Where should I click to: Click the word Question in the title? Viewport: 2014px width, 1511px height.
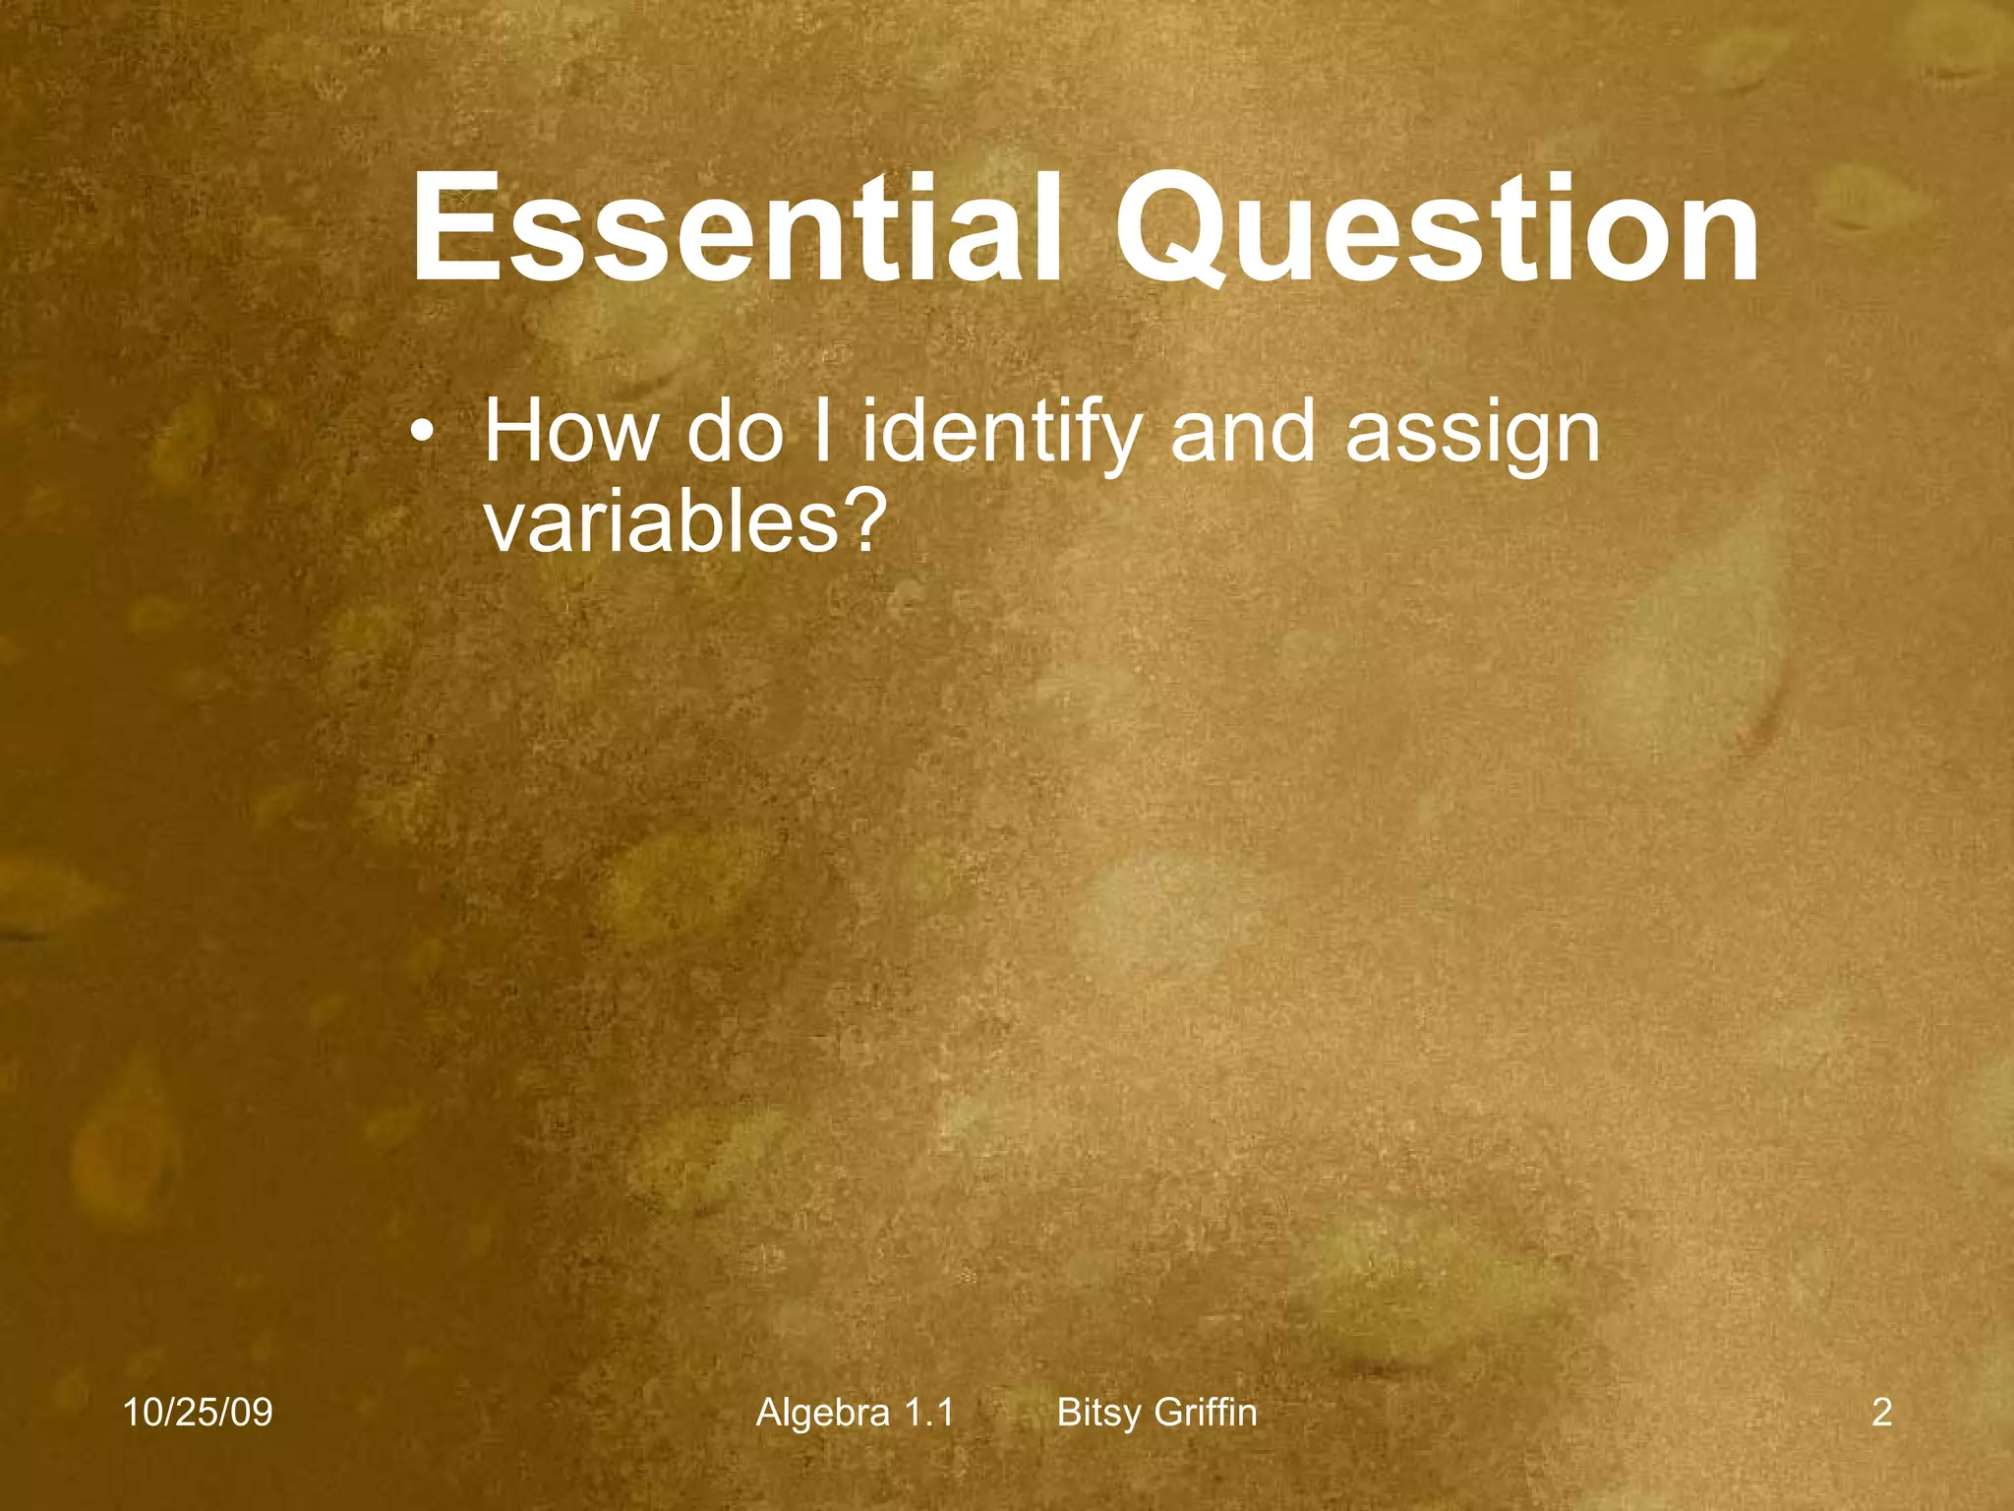(x=1436, y=228)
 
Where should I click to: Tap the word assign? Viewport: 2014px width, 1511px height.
(x=1472, y=435)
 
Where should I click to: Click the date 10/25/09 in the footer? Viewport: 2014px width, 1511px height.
(x=198, y=1413)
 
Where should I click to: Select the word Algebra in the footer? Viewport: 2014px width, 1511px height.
(x=823, y=1413)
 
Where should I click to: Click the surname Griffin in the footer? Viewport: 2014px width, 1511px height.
(x=1206, y=1413)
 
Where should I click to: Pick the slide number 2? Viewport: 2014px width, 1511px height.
(x=1881, y=1413)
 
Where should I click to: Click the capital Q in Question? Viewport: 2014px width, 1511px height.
(x=1170, y=230)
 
